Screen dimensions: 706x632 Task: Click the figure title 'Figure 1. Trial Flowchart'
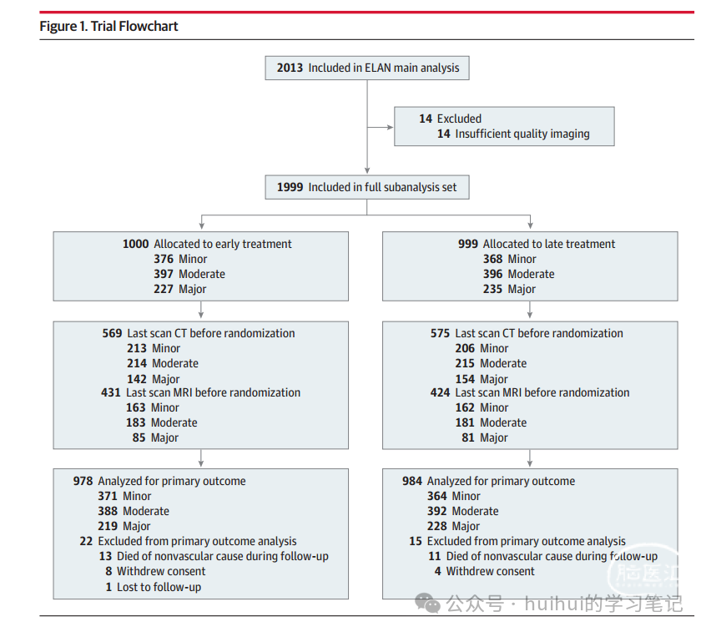click(108, 26)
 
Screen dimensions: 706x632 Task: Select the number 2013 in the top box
click(290, 68)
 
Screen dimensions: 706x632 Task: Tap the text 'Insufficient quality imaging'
click(522, 134)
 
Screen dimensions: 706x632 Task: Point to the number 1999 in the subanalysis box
click(290, 187)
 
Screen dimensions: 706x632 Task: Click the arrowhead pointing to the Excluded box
click(390, 128)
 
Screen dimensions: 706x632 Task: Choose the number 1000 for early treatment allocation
click(135, 244)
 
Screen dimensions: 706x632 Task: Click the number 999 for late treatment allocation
click(468, 244)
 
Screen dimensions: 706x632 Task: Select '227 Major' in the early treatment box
click(179, 289)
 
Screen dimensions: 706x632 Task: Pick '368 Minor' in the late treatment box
click(509, 259)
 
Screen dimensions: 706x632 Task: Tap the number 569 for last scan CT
click(112, 333)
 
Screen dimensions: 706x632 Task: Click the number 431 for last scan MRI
click(111, 392)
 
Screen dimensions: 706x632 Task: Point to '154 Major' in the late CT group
click(482, 379)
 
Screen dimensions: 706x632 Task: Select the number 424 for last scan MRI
click(440, 392)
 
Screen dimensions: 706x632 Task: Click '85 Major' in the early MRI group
click(155, 437)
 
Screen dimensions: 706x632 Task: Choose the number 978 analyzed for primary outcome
click(83, 481)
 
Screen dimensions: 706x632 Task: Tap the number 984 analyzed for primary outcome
click(412, 481)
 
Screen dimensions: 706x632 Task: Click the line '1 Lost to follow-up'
click(154, 588)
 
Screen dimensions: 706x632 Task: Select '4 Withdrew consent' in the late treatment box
click(485, 572)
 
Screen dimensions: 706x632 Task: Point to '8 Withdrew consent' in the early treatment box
click(155, 572)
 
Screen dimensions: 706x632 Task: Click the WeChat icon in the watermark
click(427, 603)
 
